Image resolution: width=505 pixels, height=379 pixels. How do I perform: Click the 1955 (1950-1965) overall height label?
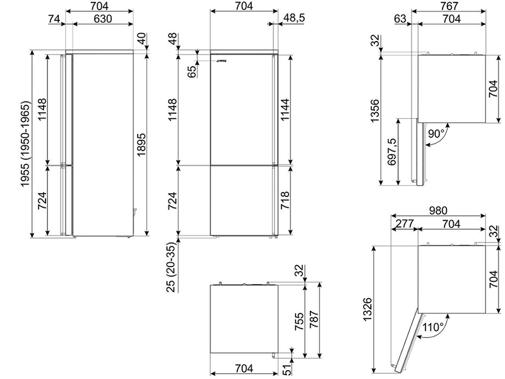25,144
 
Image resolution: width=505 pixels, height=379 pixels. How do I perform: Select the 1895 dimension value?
141,145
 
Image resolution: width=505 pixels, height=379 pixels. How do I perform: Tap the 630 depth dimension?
103,19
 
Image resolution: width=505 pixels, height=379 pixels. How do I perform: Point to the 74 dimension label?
54,19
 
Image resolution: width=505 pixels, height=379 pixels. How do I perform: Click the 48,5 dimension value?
294,18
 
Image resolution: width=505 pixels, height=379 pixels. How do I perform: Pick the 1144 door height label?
285,109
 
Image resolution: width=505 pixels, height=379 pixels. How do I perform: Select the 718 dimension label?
285,200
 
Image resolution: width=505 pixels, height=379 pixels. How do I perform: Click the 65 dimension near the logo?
192,71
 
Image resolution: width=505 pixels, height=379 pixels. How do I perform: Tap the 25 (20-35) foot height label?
172,267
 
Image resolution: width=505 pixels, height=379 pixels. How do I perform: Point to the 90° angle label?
436,133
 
